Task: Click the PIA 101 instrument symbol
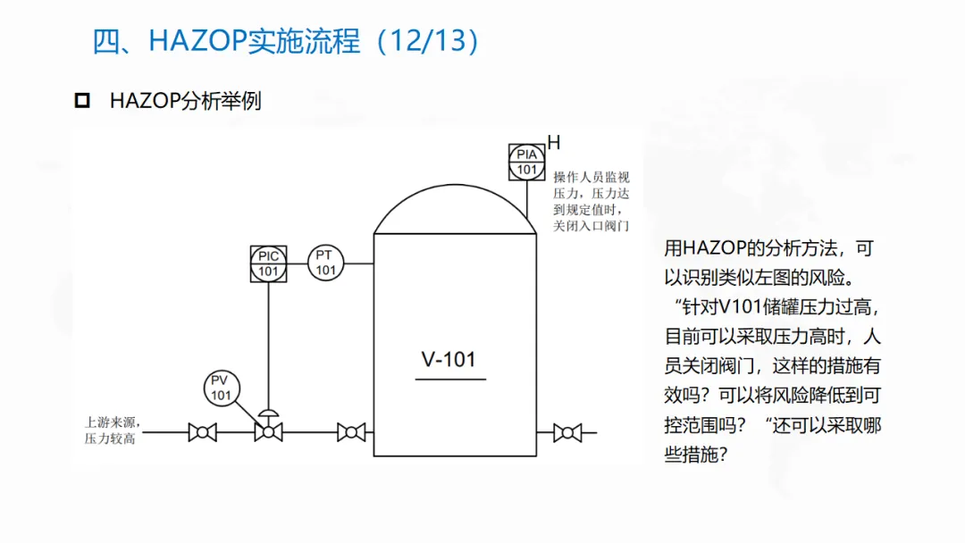(527, 162)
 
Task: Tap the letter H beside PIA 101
(554, 142)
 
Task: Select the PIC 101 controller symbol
(268, 263)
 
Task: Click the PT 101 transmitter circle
(325, 263)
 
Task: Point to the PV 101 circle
(221, 388)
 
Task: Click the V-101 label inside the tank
(449, 360)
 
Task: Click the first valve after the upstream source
(203, 433)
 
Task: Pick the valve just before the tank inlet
(351, 433)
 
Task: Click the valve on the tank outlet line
(566, 433)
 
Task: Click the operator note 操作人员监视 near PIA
(592, 177)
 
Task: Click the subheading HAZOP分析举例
(186, 100)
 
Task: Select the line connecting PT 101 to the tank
(358, 263)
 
